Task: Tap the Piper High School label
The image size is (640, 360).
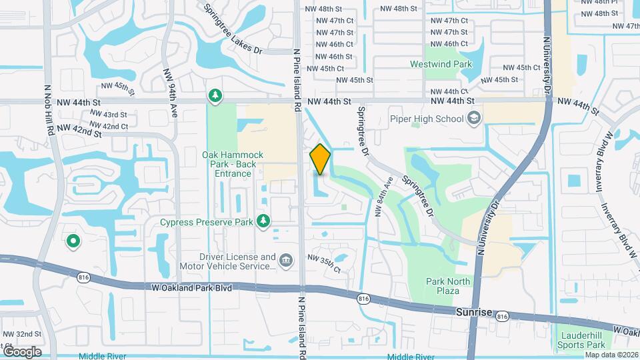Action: [x=426, y=119]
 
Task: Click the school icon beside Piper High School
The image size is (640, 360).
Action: [x=474, y=119]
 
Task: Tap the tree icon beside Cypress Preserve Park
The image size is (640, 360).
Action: [x=264, y=220]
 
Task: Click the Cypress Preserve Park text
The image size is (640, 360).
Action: [x=207, y=221]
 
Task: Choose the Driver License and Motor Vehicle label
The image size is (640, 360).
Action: [x=228, y=261]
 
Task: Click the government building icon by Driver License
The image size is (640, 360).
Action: [x=286, y=259]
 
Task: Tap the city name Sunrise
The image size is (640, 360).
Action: [x=474, y=312]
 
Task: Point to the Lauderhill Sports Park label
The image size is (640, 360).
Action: [x=581, y=340]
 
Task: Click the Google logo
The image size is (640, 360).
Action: [x=22, y=351]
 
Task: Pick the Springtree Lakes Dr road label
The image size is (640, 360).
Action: [x=233, y=29]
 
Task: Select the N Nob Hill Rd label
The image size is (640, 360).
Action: [x=49, y=110]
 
